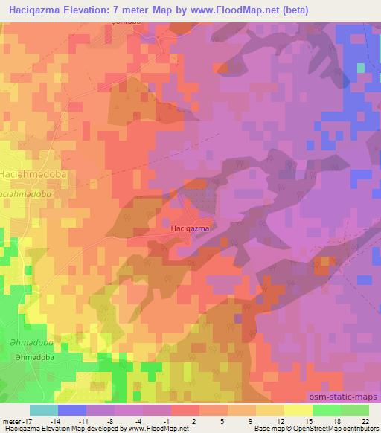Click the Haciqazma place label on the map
189,228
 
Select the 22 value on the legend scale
364,421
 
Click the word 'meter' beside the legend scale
10,421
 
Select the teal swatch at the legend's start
43,410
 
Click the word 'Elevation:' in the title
90,10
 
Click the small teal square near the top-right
361,68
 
